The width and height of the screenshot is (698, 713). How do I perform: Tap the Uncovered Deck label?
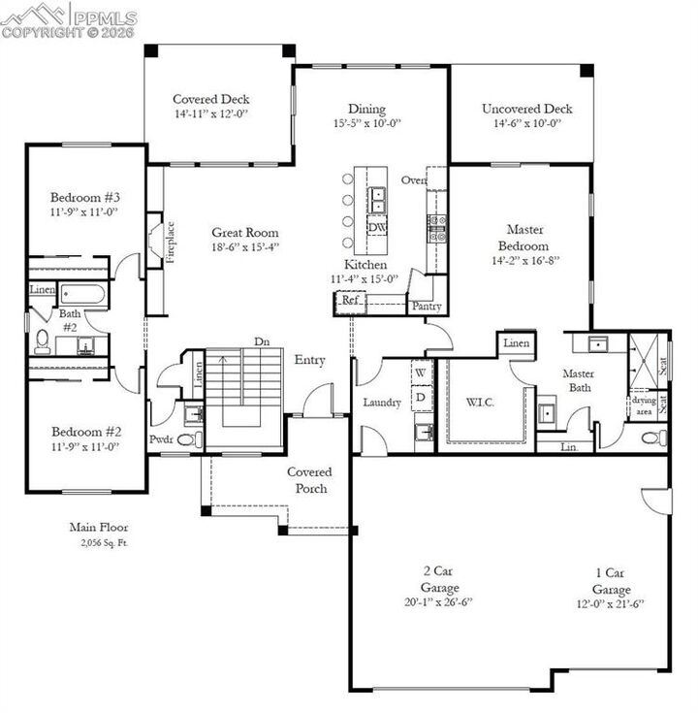pos(526,109)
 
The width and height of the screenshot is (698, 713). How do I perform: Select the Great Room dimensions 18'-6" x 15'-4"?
pos(246,247)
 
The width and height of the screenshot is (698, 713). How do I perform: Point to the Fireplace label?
pos(171,243)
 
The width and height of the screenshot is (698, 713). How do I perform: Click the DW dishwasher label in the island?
pos(376,227)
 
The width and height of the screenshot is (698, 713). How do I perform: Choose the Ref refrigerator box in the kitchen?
pos(349,301)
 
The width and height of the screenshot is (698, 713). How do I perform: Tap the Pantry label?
pos(427,307)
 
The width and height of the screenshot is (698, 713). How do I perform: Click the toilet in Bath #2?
pos(43,340)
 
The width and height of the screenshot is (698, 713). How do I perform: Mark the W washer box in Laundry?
pos(421,373)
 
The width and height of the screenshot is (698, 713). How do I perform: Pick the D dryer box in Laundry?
pos(421,396)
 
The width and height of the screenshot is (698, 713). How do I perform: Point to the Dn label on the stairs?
pos(262,341)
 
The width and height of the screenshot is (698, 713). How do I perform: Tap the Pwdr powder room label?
pos(161,439)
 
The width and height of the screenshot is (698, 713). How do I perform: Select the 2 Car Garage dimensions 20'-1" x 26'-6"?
pos(439,601)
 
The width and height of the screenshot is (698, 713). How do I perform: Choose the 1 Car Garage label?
pos(612,582)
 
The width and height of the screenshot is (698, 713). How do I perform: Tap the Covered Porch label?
pos(309,480)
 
